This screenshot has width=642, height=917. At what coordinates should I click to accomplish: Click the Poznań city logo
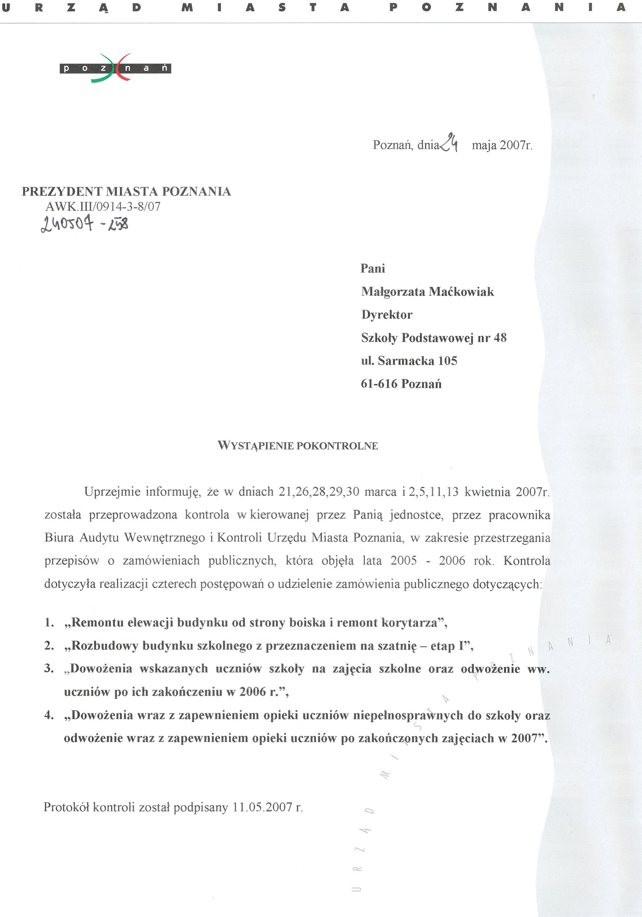click(x=115, y=68)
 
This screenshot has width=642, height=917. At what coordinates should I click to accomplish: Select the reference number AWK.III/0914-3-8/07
click(x=103, y=207)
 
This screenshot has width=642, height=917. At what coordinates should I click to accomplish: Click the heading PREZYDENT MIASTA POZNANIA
click(x=126, y=192)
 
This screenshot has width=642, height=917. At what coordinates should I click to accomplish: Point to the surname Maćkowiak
click(x=461, y=292)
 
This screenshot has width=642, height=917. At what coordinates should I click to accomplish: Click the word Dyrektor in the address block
click(x=387, y=315)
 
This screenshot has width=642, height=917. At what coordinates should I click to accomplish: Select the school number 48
click(x=500, y=338)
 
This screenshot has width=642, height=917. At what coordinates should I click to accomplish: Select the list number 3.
click(x=49, y=669)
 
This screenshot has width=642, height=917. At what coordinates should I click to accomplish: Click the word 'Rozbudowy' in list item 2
click(x=103, y=646)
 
